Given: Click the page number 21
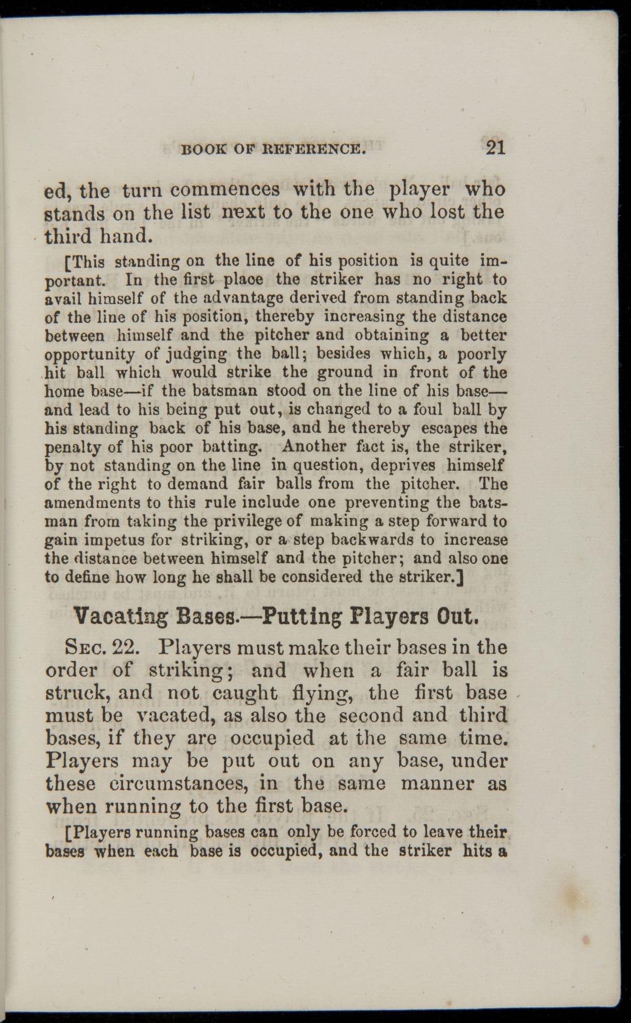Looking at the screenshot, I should [x=495, y=148].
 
